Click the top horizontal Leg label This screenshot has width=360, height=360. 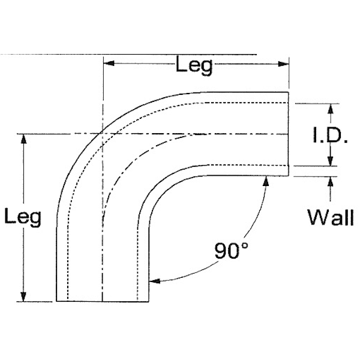(x=194, y=65)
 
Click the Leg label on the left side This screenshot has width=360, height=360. (x=22, y=218)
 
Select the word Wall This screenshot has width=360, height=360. (x=330, y=217)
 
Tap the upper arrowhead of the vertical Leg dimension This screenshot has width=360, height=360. (x=24, y=139)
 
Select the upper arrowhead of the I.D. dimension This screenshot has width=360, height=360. (x=329, y=108)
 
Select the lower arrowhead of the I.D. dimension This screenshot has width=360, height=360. (x=329, y=161)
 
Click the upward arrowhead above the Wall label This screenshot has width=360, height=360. (x=329, y=181)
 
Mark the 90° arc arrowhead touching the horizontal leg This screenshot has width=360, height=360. (x=265, y=181)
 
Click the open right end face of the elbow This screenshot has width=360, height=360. (x=289, y=134)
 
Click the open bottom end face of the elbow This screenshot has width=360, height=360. (x=103, y=301)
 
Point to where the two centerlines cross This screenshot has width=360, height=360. (x=104, y=134)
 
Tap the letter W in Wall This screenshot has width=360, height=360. (x=316, y=217)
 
